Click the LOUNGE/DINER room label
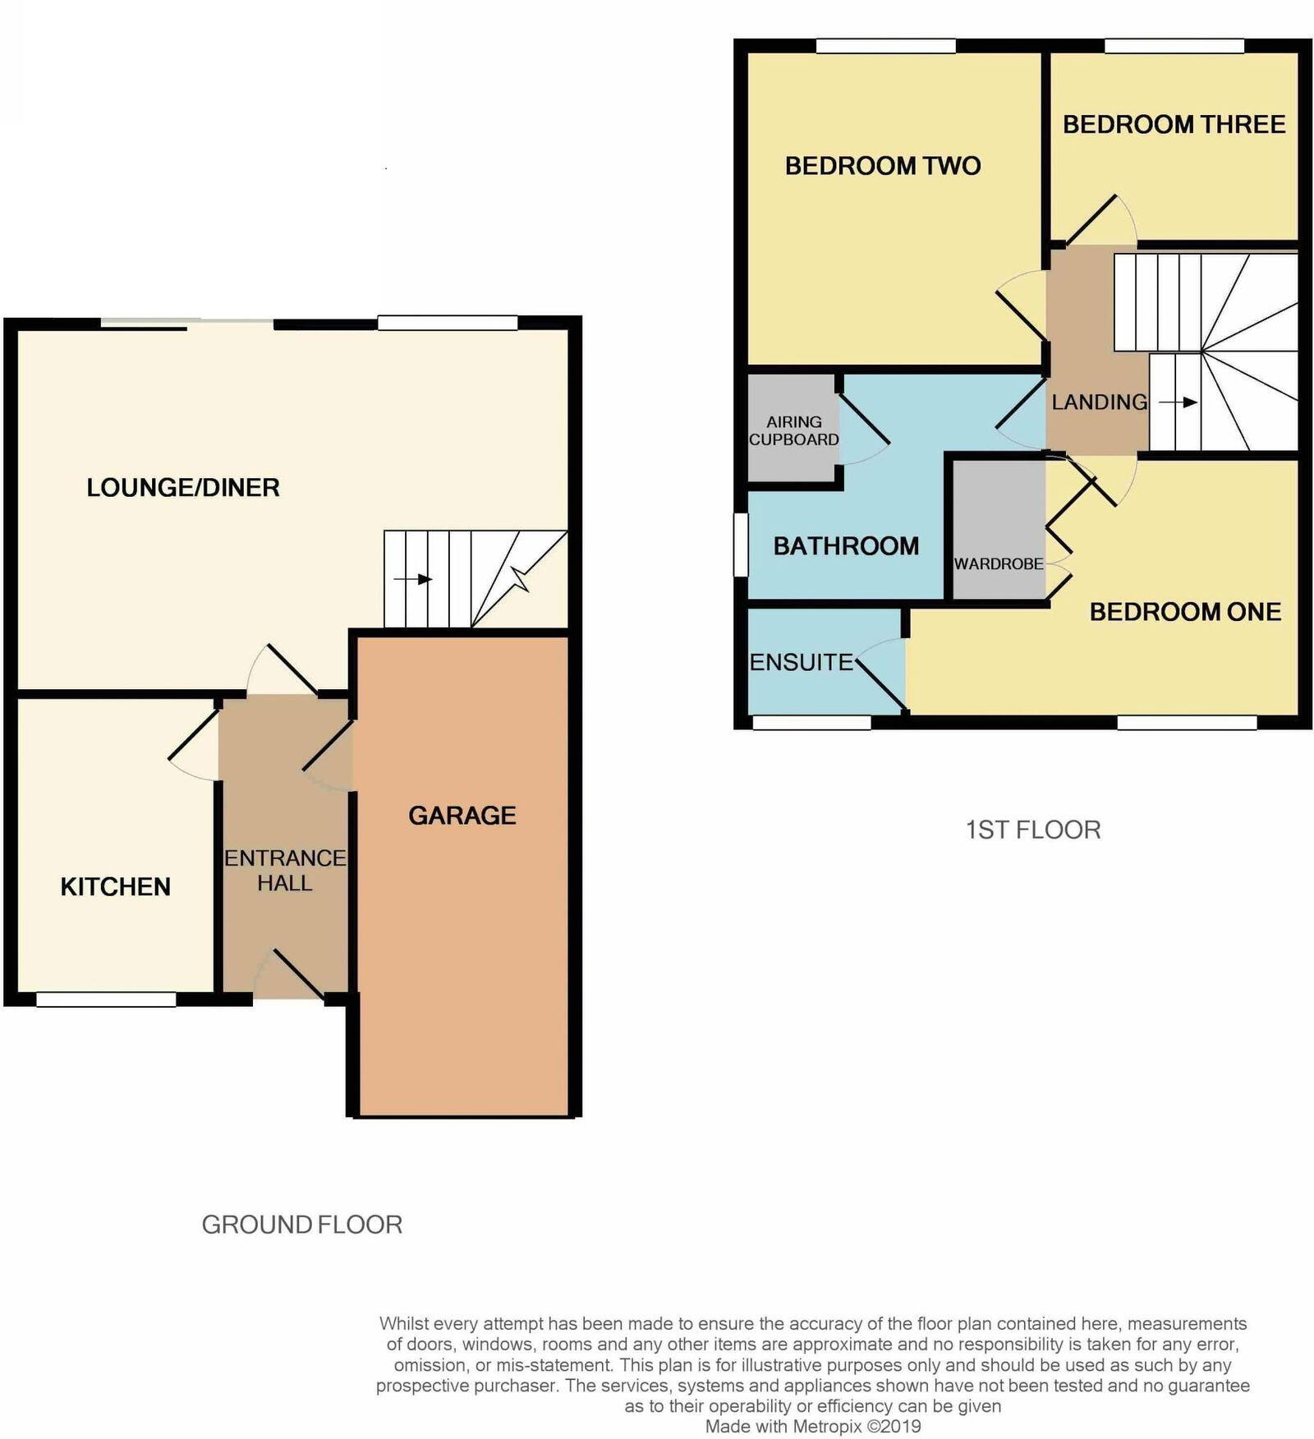183,487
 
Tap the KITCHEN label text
116,886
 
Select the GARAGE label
462,815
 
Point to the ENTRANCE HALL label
285,870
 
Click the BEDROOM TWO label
883,166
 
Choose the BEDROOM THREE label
1174,125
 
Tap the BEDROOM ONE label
1185,611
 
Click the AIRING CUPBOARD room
793,430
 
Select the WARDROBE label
998,564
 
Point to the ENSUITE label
802,662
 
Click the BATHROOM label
846,546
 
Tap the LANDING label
1099,402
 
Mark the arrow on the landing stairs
1178,402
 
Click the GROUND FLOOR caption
301,1225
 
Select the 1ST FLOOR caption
1032,830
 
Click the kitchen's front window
106,1000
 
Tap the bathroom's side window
741,544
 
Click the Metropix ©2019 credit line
813,1427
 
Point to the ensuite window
811,723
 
